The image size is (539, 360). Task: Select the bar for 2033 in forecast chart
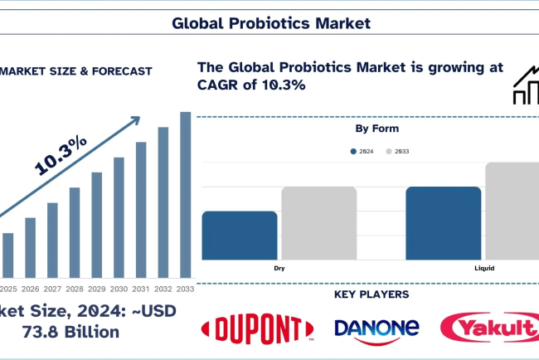[x=186, y=194]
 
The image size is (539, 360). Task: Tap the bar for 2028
[x=75, y=231]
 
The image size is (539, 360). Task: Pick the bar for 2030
[x=119, y=216]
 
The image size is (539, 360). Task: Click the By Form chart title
[x=376, y=129]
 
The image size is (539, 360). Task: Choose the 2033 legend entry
[x=399, y=151]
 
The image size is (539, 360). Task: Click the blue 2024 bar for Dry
[x=240, y=236]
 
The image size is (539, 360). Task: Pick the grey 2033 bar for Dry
[x=318, y=223]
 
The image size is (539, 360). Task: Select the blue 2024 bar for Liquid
[x=444, y=223]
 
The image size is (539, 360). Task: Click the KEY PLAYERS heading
[x=371, y=294]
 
